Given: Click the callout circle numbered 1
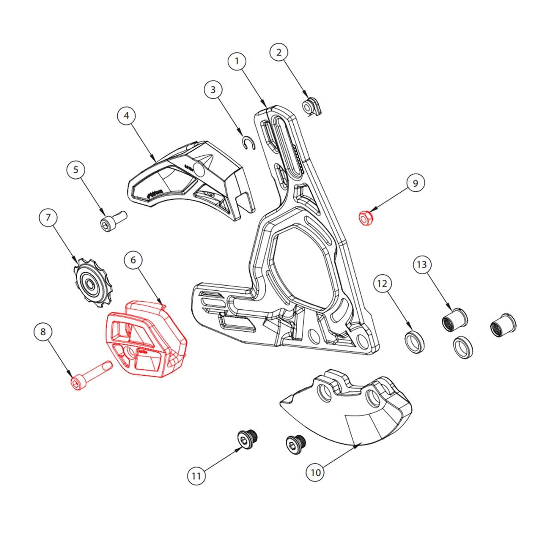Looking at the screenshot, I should tap(237, 61).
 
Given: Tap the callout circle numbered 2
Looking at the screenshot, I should tap(279, 52).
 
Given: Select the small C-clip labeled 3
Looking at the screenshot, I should tap(249, 142).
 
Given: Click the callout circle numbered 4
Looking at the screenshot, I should tap(127, 116).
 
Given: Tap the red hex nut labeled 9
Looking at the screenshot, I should tap(366, 218).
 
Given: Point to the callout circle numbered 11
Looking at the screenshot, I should tap(196, 476).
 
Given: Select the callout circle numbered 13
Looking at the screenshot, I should tap(421, 264).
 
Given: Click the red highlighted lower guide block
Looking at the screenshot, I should tap(145, 339).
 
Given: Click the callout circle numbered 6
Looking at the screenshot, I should tap(133, 259).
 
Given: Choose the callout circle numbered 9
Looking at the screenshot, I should tap(416, 183).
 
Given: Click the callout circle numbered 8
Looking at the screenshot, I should tap(43, 331).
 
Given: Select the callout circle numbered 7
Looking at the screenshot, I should tap(48, 218).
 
